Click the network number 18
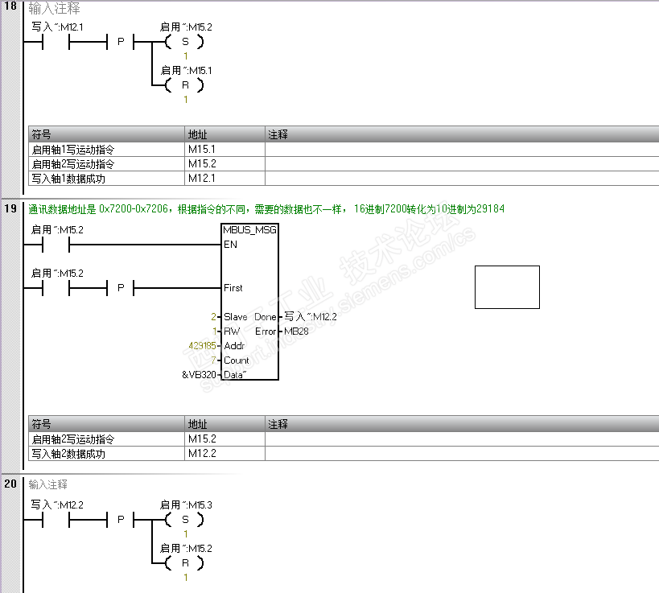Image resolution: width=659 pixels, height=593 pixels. pos(10,10)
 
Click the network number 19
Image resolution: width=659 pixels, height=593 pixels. pos(10,209)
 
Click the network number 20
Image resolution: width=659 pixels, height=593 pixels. pos(10,484)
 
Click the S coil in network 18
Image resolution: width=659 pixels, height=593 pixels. pos(183,41)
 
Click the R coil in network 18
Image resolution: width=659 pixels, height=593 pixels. pos(183,84)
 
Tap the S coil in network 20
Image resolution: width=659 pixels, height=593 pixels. pos(183,519)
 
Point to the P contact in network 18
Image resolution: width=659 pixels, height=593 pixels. pos(121,41)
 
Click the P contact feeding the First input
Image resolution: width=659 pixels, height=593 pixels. pos(121,287)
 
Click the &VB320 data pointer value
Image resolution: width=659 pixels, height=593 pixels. pos(198,375)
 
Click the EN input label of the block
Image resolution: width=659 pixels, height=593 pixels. pos(231,244)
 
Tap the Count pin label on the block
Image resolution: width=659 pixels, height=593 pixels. pos(236,360)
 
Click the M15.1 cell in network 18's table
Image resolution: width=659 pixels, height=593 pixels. pos(202,150)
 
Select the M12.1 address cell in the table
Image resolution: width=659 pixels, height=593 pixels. pos(202,178)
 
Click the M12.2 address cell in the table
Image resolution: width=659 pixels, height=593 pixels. pos(202,454)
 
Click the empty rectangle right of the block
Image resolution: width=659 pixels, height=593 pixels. pos(507,287)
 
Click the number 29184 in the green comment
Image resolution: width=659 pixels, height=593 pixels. pos(489,209)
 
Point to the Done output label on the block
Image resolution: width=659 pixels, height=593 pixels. pos(266,317)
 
